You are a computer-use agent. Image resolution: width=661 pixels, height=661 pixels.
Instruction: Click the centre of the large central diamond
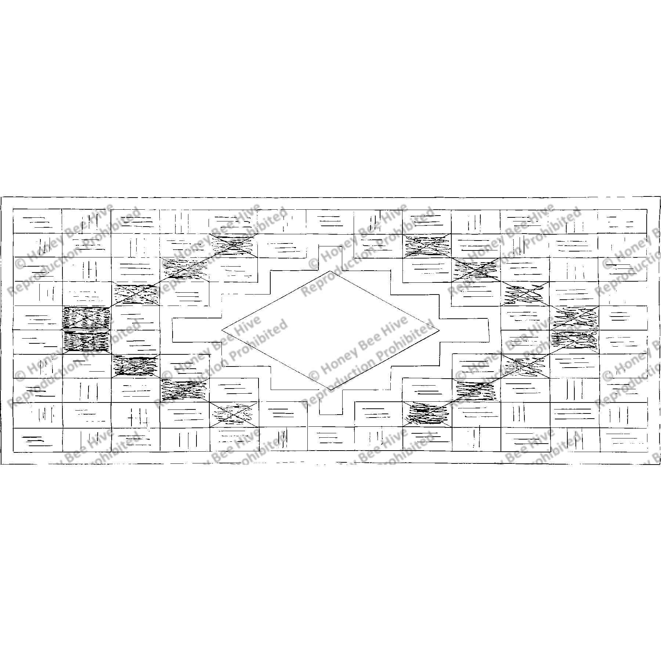pos(330,330)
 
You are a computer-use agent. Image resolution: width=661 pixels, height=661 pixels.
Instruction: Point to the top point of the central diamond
pos(330,271)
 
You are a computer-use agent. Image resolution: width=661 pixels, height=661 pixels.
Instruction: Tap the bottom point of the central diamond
pos(330,390)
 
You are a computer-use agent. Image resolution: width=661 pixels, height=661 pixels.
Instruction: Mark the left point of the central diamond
pos(222,330)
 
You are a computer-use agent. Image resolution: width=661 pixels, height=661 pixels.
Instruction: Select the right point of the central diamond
pos(439,329)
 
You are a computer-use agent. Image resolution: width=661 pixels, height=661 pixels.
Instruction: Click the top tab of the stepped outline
pos(330,253)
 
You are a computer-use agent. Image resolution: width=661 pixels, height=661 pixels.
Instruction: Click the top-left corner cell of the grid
pos(37,221)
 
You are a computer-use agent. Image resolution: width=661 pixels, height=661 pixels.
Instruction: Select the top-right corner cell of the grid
pos(622,221)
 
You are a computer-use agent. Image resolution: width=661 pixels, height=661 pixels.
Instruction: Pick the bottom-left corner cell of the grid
pos(37,440)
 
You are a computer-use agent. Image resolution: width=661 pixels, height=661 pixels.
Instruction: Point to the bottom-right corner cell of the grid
pos(624,440)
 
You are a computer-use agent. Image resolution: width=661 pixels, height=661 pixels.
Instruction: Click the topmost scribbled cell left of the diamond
pos(233,245)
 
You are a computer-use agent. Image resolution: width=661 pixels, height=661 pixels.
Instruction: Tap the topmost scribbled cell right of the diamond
pos(427,245)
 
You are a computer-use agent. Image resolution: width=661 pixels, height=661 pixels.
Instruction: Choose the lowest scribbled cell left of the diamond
pos(234,415)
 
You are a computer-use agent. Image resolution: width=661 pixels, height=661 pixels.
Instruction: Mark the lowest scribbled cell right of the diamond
pos(427,415)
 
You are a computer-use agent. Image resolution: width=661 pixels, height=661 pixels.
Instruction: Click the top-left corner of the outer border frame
pos(1,198)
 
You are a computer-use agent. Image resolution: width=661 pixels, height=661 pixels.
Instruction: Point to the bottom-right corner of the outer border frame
pos(660,464)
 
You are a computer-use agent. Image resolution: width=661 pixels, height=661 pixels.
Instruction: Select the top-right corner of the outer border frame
pos(660,198)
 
